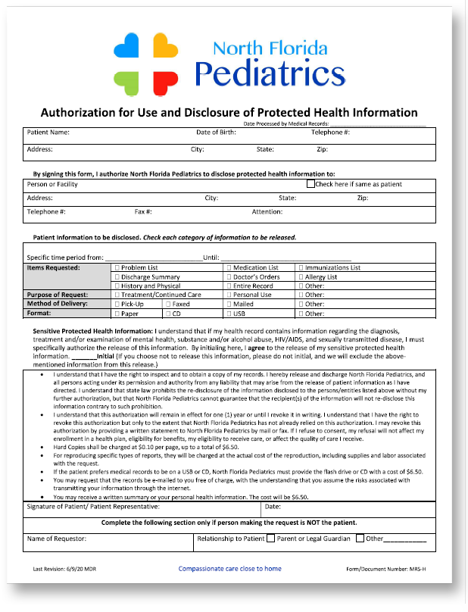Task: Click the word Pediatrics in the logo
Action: [x=270, y=73]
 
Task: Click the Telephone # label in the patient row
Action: [x=330, y=133]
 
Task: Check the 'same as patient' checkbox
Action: [x=310, y=183]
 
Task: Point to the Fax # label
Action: [x=144, y=211]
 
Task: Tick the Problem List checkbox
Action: [x=116, y=267]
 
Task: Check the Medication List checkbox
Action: [x=229, y=267]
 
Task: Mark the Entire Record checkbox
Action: [x=229, y=286]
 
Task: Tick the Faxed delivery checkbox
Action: [x=167, y=304]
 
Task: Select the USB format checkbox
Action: [x=229, y=313]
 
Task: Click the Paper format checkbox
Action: [x=116, y=313]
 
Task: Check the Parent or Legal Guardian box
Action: [x=270, y=539]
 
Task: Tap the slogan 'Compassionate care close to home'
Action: [x=229, y=568]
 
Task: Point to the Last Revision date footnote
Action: [x=63, y=569]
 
